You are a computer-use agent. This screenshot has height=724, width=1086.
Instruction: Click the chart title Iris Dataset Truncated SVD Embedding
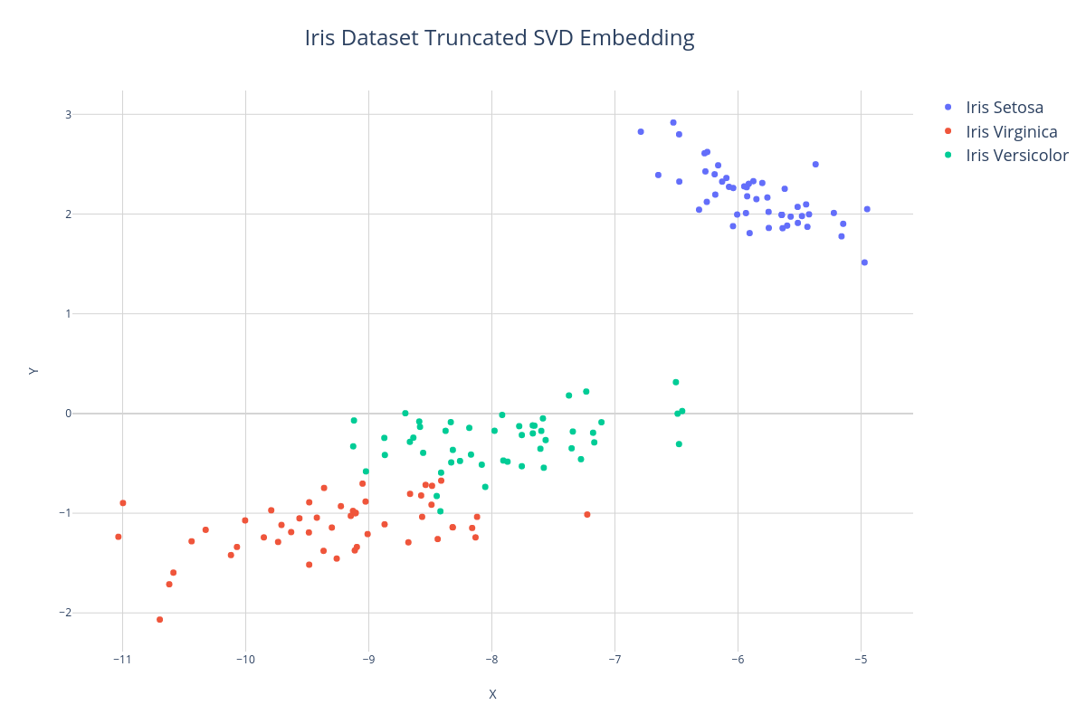[500, 38]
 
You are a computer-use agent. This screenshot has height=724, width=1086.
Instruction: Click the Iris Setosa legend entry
[1005, 108]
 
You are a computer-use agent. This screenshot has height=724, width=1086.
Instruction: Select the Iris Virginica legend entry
[1012, 131]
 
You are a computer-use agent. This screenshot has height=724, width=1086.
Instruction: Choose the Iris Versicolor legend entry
[1017, 155]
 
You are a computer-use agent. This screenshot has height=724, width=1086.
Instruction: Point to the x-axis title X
[492, 694]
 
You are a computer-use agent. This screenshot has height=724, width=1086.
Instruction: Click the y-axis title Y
[33, 370]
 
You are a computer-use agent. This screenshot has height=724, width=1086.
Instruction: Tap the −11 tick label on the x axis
[122, 659]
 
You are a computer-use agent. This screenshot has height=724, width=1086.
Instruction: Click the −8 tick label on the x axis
[491, 659]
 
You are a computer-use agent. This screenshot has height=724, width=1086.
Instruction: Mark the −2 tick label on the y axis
[64, 613]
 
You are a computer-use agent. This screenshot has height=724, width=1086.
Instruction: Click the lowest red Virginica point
[160, 620]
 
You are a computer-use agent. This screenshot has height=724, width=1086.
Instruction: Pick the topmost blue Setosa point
[673, 123]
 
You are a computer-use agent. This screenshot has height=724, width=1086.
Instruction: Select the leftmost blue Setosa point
[641, 132]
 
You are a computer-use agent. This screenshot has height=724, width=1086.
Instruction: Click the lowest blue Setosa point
[864, 262]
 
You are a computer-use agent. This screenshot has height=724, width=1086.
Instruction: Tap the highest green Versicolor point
[676, 382]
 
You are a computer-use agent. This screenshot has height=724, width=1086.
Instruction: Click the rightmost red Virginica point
[587, 515]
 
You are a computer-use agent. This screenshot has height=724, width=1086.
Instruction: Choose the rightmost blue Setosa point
[867, 209]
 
